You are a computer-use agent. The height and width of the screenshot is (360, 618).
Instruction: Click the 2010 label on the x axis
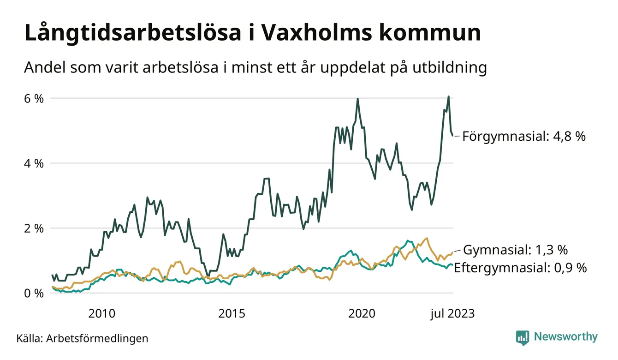102,314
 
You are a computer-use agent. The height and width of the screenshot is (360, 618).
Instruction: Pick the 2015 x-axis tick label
232,314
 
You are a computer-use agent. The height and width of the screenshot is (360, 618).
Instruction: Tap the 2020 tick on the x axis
362,314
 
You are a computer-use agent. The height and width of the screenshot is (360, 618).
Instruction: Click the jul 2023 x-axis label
452,314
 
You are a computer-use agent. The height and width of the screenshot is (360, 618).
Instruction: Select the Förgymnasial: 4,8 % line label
523,136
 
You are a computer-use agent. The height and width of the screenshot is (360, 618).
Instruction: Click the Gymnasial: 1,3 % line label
515,250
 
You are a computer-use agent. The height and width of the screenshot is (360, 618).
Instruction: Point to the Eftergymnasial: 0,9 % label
520,268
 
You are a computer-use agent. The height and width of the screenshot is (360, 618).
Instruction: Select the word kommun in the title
430,34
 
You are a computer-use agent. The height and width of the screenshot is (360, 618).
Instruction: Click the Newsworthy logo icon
523,337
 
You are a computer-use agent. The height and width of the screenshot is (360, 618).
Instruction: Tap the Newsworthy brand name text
565,337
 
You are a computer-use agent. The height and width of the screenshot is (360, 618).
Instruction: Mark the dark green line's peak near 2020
357,99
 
